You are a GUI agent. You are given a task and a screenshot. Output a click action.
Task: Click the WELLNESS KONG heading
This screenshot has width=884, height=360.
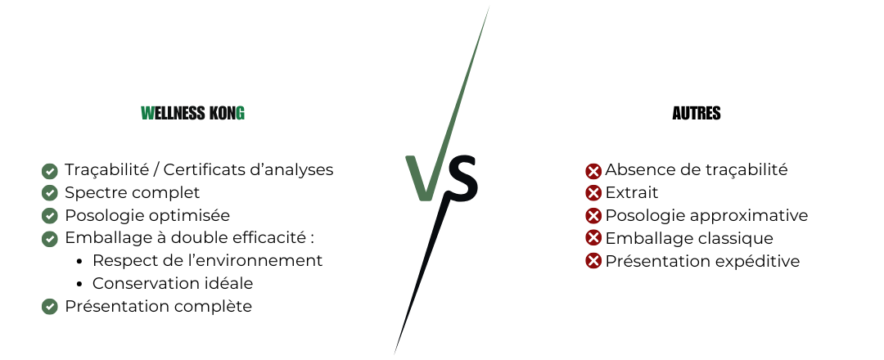pyautogui.click(x=193, y=113)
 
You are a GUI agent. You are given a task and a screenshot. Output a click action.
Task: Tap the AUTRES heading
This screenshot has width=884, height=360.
pyautogui.click(x=697, y=113)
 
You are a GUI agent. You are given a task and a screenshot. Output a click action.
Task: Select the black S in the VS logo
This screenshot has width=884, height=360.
pyautogui.click(x=461, y=179)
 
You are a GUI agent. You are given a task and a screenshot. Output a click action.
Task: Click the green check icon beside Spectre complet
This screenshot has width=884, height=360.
pyautogui.click(x=50, y=192)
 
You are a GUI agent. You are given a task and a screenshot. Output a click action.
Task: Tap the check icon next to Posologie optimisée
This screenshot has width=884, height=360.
pyautogui.click(x=50, y=216)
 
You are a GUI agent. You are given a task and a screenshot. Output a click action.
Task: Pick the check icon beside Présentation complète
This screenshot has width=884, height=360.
pyautogui.click(x=50, y=307)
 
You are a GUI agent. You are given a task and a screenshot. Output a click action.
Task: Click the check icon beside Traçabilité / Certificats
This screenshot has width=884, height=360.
pyautogui.click(x=50, y=171)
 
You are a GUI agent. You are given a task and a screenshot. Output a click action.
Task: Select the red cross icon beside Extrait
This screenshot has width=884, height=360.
pyautogui.click(x=593, y=192)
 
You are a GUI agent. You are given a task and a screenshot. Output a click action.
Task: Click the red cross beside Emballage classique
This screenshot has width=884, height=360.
pyautogui.click(x=593, y=238)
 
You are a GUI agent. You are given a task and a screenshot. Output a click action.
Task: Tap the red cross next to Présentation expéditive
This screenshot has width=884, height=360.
pyautogui.click(x=593, y=261)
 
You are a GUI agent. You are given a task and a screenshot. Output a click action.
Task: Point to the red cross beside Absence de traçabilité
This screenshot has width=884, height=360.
pyautogui.click(x=593, y=171)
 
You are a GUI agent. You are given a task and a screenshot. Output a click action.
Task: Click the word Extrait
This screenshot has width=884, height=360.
pyautogui.click(x=631, y=192)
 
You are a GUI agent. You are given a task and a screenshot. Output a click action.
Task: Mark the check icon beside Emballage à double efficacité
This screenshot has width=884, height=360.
pyautogui.click(x=50, y=239)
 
